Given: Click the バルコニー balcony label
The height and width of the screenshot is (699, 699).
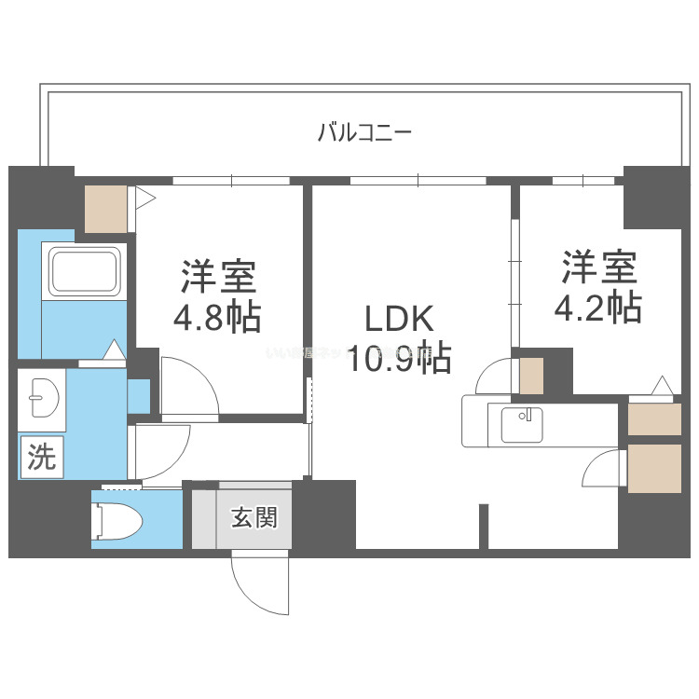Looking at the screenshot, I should click(364, 132).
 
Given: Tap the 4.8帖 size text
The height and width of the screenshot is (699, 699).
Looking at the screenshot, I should click(217, 319).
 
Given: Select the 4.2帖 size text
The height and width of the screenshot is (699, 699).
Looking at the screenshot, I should click(598, 307).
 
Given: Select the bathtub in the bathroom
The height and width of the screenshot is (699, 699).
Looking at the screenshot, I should click(86, 270).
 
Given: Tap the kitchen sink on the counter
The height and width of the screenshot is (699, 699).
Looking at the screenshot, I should click(522, 425).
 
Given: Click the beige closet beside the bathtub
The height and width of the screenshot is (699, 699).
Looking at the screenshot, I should click(106, 210).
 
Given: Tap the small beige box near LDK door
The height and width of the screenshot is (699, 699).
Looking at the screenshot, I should click(531, 375).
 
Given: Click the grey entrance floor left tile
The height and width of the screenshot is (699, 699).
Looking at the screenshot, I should click(204, 517).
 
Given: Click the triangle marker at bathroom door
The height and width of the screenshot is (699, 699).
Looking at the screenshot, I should click(113, 350).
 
